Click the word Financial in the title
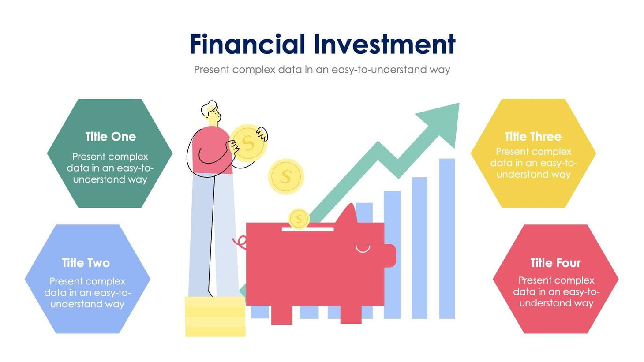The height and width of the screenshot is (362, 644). tap(247, 44)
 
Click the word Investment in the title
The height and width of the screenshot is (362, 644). tap(385, 44)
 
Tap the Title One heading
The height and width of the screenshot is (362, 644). tap(110, 137)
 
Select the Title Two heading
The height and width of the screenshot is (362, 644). tap(86, 263)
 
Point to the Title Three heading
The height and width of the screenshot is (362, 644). tap(533, 137)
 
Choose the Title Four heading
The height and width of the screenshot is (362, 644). tap(555, 263)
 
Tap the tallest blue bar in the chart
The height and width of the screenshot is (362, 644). tap(447, 238)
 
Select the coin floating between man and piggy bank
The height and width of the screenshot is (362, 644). tap(286, 177)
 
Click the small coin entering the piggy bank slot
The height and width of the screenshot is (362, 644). tap(299, 219)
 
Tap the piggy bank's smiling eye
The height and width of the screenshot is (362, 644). tap(363, 250)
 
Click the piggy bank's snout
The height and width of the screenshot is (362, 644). tap(390, 256)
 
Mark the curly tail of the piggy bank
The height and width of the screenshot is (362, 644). tap(240, 242)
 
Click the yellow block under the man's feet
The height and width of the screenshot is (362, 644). tap(215, 317)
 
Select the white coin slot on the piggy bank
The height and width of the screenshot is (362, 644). tap(307, 229)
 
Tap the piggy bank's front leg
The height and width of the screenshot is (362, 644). tap(351, 314)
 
